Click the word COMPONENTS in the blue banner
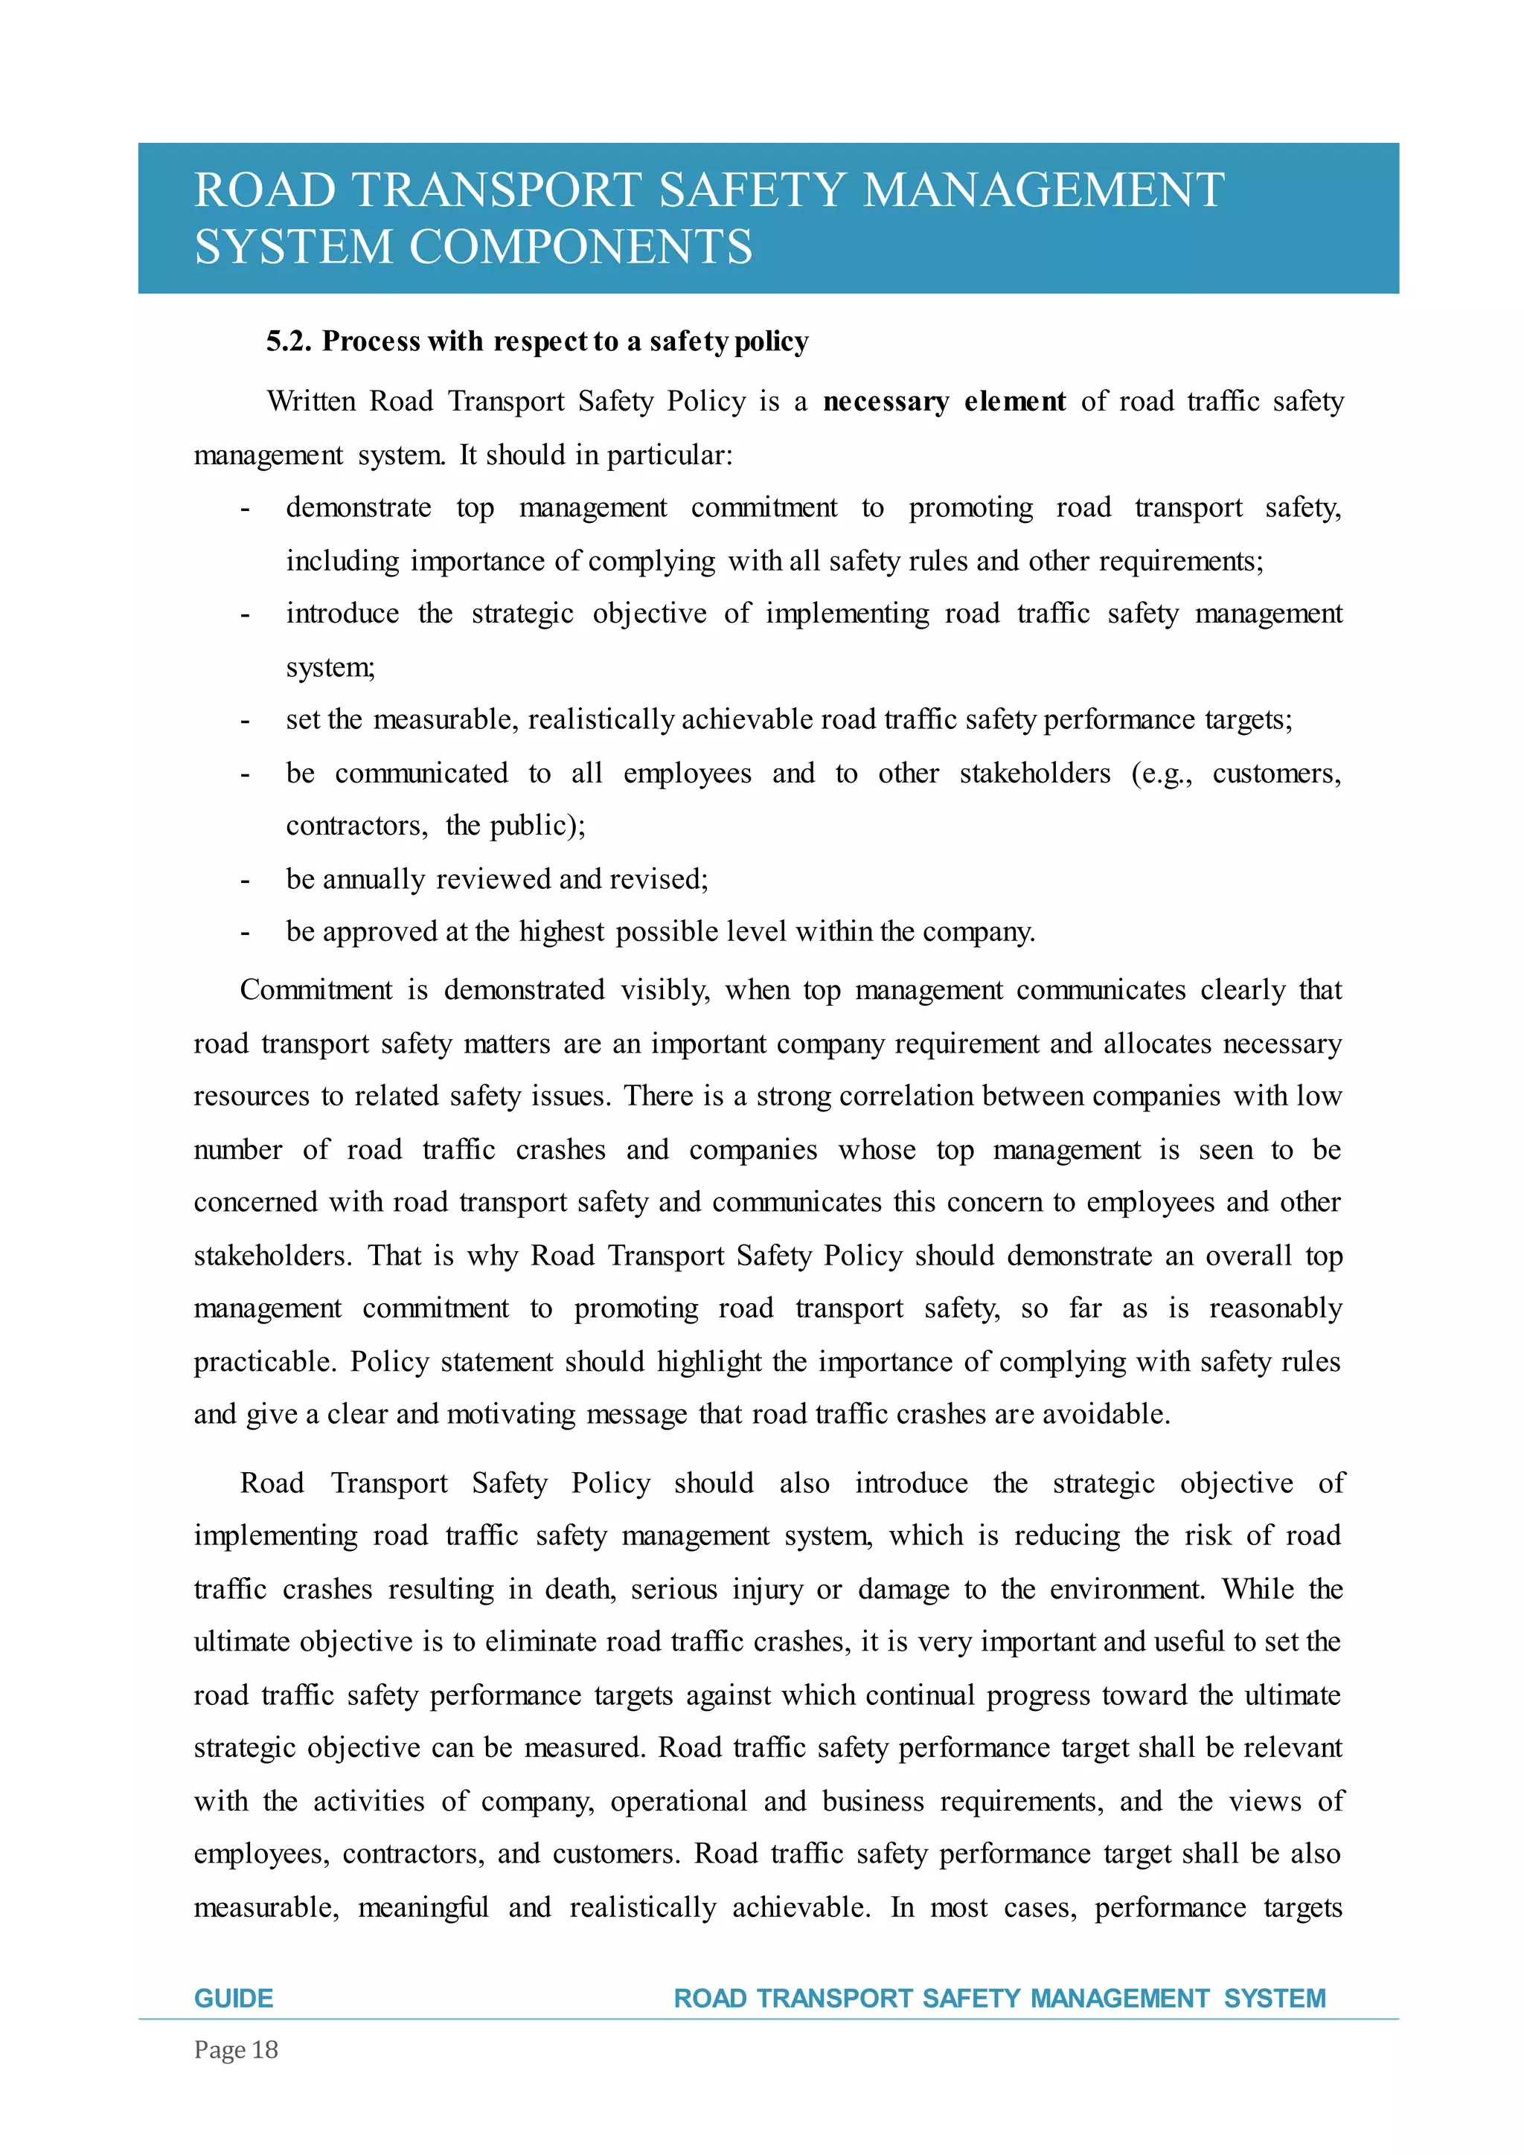580,247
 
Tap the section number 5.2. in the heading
288,341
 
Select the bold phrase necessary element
944,402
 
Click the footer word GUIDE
234,1997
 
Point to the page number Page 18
236,2050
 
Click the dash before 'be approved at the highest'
245,933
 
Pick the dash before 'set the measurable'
245,721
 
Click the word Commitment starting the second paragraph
316,990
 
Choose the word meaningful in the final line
423,1908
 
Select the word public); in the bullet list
537,826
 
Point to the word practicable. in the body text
265,1362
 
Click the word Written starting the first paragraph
311,402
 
